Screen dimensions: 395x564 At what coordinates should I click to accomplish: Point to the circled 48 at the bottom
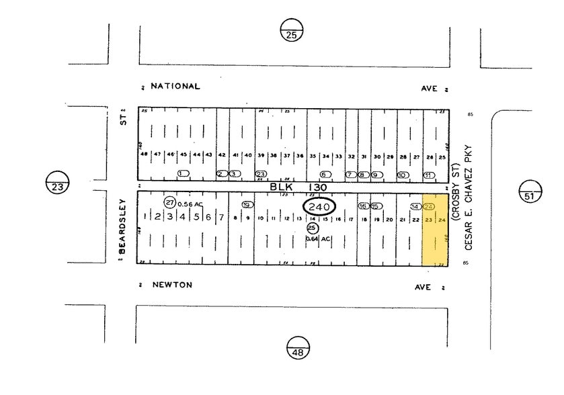click(296, 347)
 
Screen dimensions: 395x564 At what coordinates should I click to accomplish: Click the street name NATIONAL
click(175, 87)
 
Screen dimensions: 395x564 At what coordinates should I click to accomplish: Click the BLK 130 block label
click(298, 187)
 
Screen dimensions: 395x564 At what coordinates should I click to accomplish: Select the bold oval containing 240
click(319, 207)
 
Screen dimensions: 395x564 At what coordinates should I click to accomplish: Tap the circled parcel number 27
click(170, 202)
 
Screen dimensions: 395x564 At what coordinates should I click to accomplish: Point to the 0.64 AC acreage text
click(319, 239)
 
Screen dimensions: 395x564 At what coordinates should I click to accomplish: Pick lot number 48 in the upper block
click(144, 155)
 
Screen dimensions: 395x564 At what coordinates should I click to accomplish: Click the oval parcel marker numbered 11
click(428, 175)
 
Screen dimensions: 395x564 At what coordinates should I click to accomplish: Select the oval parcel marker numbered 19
click(247, 205)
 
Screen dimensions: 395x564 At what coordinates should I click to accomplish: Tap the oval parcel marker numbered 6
click(326, 175)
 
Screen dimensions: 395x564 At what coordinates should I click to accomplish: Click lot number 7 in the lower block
click(221, 218)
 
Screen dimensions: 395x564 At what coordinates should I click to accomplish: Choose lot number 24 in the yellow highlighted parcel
click(442, 220)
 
